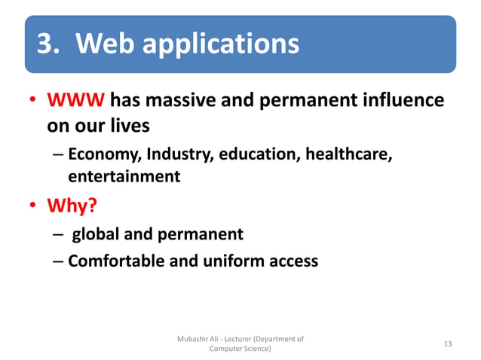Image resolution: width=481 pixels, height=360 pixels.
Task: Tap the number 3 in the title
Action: point(46,44)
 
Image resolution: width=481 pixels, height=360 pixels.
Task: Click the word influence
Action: point(403,100)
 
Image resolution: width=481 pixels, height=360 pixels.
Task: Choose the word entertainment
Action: point(124,177)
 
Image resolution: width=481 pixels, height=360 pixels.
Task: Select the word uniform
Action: point(234,261)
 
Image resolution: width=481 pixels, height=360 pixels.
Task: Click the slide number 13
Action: point(448,344)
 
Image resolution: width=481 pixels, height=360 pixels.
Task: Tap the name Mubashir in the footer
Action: point(195,339)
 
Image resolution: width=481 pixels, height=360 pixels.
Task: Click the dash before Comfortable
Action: point(59,262)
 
